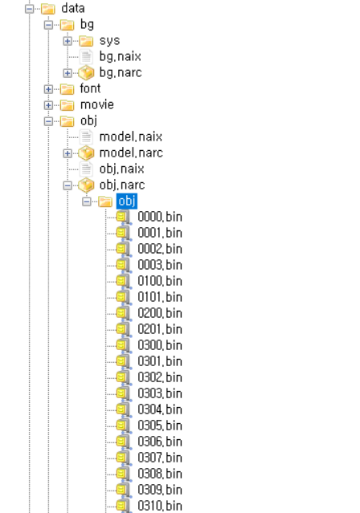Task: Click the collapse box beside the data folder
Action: pyautogui.click(x=30, y=9)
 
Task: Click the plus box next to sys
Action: pyautogui.click(x=67, y=41)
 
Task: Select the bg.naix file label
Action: pyautogui.click(x=121, y=57)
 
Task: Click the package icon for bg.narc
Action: pyautogui.click(x=86, y=72)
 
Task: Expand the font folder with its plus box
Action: pyautogui.click(x=48, y=89)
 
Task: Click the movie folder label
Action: pyautogui.click(x=97, y=104)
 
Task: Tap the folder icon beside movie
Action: pyautogui.click(x=67, y=105)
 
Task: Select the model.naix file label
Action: pyautogui.click(x=131, y=136)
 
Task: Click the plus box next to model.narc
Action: pyautogui.click(x=67, y=153)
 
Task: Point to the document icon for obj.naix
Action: pyautogui.click(x=86, y=169)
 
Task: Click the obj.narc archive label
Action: pyautogui.click(x=122, y=185)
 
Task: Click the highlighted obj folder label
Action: pyautogui.click(x=127, y=201)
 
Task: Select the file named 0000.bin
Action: pyautogui.click(x=160, y=217)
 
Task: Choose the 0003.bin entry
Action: pyautogui.click(x=160, y=265)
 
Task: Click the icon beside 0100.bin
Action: pyautogui.click(x=124, y=281)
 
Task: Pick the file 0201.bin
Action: pyautogui.click(x=160, y=329)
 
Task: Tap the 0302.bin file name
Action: pyautogui.click(x=160, y=377)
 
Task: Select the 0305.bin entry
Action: pyautogui.click(x=160, y=425)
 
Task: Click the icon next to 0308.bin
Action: pyautogui.click(x=124, y=474)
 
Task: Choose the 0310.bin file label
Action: pyautogui.click(x=160, y=506)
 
